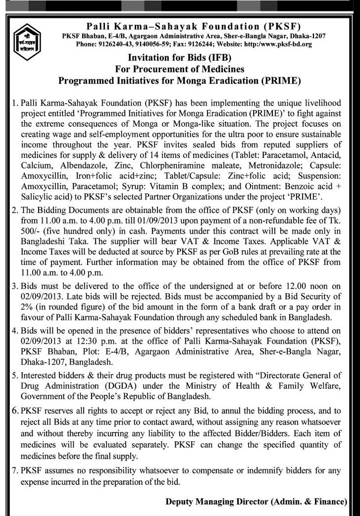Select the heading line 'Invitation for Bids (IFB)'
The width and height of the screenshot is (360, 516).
180,57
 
